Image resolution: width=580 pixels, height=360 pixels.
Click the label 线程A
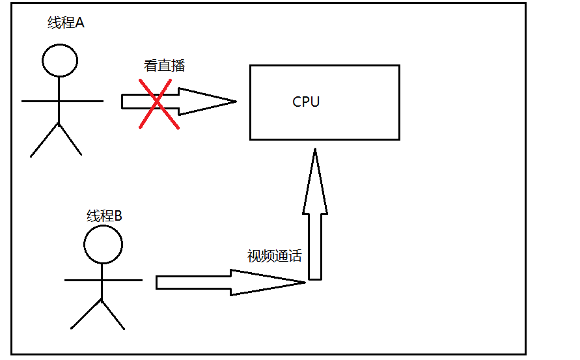(x=66, y=23)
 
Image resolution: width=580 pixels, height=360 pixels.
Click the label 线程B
(x=104, y=216)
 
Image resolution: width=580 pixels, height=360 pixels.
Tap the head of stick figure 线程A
(x=60, y=61)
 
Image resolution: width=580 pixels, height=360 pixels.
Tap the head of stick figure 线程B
(x=103, y=245)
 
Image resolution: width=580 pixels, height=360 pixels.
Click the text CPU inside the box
(x=306, y=102)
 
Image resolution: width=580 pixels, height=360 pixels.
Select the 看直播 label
(x=164, y=66)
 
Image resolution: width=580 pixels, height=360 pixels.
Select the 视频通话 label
(x=274, y=256)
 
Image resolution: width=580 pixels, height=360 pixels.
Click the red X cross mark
(x=159, y=104)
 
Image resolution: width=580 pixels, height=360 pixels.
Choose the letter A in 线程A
(x=80, y=23)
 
